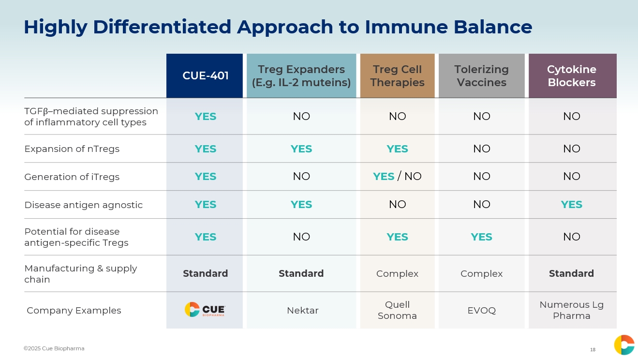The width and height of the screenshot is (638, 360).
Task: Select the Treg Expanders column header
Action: (x=301, y=76)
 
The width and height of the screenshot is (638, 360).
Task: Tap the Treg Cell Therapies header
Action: (x=397, y=76)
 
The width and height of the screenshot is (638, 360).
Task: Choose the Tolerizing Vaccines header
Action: (x=481, y=76)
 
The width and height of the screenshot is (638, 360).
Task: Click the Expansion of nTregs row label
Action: (x=72, y=149)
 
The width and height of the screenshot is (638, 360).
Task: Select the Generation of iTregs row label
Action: (x=72, y=177)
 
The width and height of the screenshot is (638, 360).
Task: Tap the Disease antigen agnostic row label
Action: (x=84, y=205)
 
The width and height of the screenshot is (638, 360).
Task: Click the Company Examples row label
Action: (x=74, y=310)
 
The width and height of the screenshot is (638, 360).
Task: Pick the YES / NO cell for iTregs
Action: (x=397, y=176)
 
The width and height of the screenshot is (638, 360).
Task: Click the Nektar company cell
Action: (x=302, y=310)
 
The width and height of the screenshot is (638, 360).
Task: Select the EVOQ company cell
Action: (x=482, y=310)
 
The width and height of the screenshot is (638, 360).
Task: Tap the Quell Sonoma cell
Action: (x=397, y=310)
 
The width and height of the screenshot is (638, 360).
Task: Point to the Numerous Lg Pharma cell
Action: (x=572, y=310)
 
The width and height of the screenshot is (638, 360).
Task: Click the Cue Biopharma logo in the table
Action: (x=205, y=310)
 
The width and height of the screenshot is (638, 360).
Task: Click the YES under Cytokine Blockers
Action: (x=572, y=205)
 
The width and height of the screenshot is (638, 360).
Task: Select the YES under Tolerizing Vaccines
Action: (x=481, y=237)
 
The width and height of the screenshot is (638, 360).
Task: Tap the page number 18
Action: (x=593, y=349)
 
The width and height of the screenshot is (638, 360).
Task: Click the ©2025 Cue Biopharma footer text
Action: (x=54, y=348)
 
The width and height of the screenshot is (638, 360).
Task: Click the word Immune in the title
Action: (x=406, y=27)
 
